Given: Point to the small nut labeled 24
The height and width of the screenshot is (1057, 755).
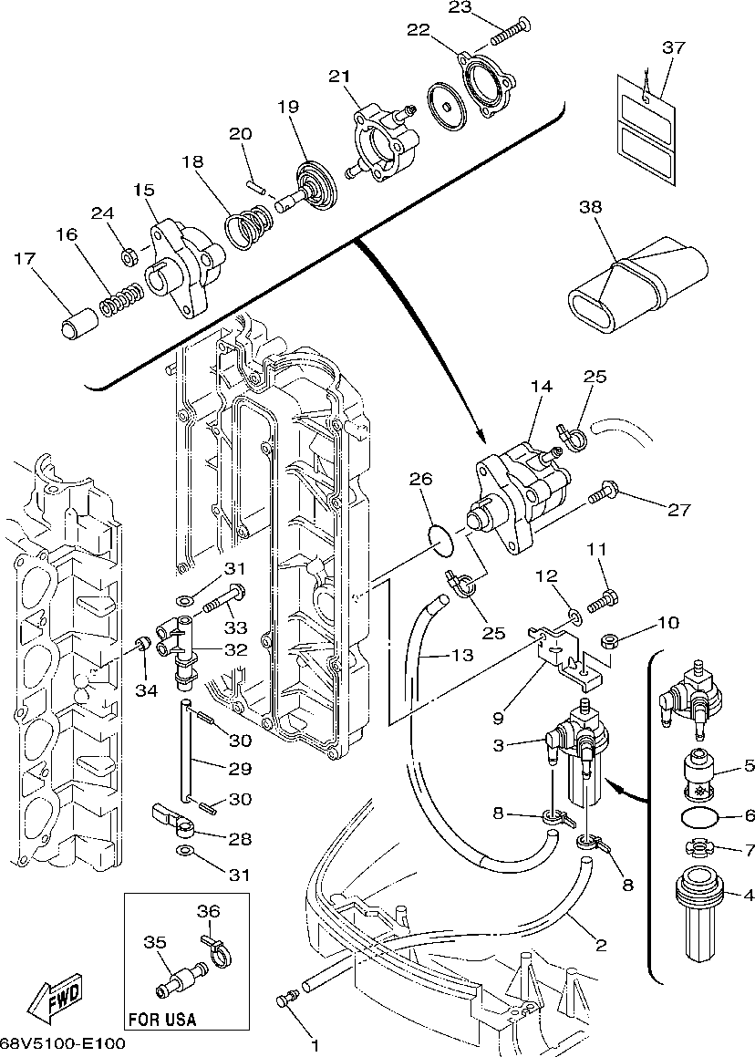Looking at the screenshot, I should (129, 256).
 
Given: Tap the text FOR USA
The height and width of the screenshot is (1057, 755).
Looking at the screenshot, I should (161, 1019).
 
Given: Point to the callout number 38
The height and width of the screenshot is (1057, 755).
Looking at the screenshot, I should (591, 207).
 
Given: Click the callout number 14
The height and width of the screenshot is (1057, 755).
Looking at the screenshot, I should (541, 388).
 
